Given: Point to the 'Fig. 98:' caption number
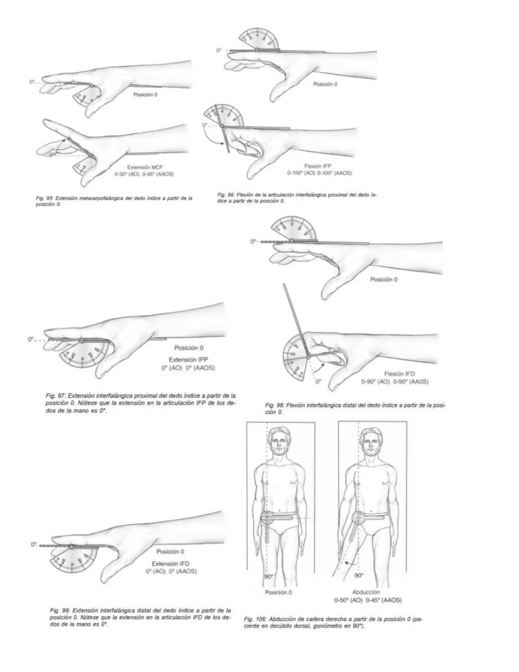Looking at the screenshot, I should click(x=276, y=405).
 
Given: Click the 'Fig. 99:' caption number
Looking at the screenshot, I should click(x=60, y=610).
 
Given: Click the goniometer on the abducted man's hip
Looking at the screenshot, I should click(x=359, y=518).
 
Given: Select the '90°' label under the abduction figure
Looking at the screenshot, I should click(x=359, y=575).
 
